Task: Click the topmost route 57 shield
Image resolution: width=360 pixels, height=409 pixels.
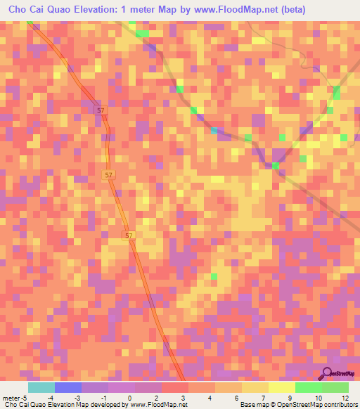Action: tap(101, 111)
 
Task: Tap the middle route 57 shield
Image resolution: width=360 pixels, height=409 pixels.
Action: tap(108, 175)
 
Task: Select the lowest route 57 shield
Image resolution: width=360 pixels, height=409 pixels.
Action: tap(128, 235)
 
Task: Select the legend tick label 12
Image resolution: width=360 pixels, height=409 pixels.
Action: tap(346, 398)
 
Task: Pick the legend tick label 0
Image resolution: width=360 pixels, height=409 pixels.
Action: tap(129, 398)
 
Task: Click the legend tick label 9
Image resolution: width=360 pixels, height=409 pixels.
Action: tap(290, 398)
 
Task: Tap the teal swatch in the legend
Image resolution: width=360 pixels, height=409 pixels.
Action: tap(41, 388)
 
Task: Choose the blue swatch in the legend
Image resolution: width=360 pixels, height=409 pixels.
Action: tap(67, 388)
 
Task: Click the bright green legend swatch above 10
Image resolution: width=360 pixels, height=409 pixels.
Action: tap(309, 388)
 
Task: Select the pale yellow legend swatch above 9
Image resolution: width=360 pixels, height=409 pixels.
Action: tap(282, 388)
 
